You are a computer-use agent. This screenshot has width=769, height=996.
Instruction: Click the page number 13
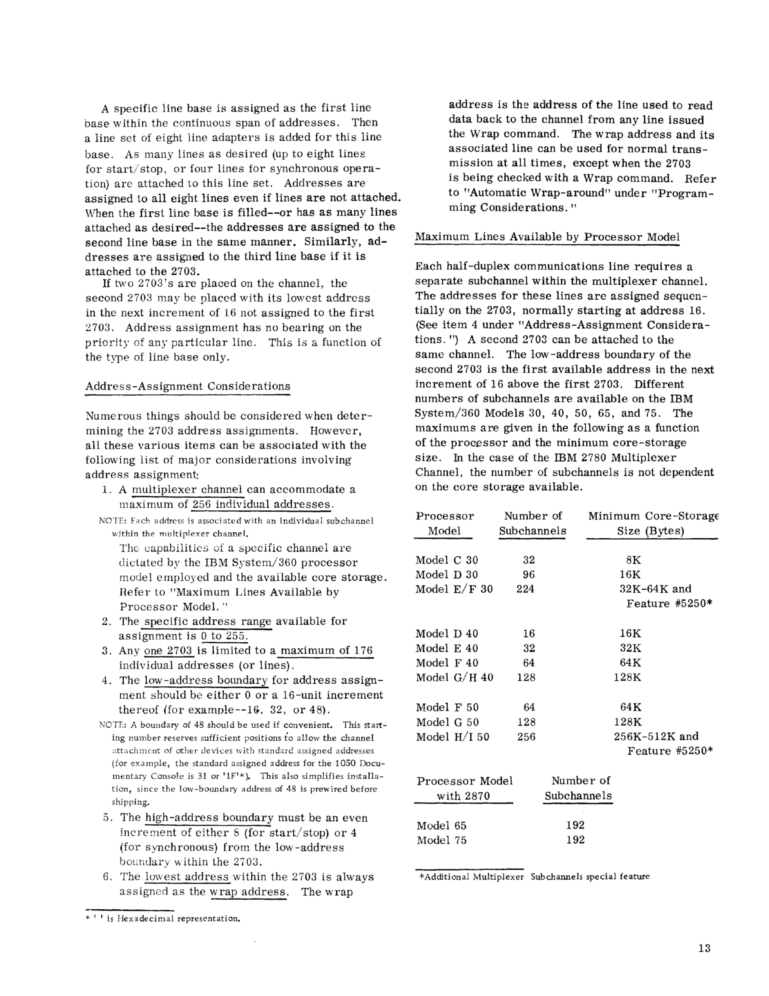(x=704, y=949)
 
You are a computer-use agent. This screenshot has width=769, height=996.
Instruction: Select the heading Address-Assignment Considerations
(x=188, y=386)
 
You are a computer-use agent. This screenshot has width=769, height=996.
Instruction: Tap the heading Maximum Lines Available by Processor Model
(x=547, y=237)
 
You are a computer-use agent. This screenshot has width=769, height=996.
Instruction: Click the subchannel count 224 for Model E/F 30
(x=525, y=589)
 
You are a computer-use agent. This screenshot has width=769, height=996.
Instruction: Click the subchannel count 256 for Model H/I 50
(x=526, y=737)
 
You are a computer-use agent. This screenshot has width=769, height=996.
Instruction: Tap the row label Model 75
(x=441, y=840)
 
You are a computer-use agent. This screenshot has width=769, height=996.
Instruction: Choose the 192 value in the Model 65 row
(x=575, y=825)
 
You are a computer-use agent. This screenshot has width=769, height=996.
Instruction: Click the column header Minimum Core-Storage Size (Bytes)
(x=653, y=524)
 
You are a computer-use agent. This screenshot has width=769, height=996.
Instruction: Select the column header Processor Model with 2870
(x=464, y=789)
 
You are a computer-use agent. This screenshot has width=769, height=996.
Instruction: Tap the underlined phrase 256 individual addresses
(x=261, y=505)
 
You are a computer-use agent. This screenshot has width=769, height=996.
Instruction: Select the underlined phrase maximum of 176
(x=327, y=651)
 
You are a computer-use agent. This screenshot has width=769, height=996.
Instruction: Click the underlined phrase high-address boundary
(x=209, y=818)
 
